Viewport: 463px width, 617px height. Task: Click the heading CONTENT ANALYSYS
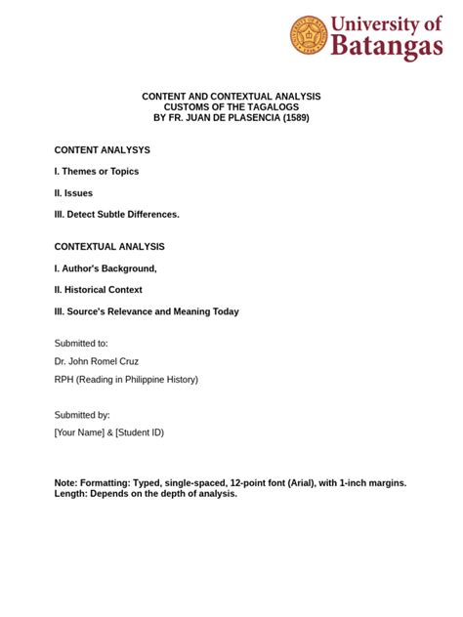click(103, 150)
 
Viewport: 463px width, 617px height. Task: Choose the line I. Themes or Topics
click(97, 172)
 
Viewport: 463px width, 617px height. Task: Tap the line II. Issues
click(73, 193)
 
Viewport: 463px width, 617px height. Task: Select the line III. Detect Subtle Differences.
click(117, 214)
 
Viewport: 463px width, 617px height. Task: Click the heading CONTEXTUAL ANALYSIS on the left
click(109, 247)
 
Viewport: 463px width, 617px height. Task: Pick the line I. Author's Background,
click(105, 268)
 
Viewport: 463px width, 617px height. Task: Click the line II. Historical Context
click(99, 290)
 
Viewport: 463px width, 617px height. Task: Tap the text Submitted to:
click(81, 344)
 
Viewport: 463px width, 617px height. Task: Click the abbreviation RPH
click(65, 379)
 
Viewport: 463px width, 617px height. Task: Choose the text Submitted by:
click(82, 415)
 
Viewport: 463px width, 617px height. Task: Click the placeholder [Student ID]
click(140, 432)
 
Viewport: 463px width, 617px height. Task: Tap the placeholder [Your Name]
click(79, 432)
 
